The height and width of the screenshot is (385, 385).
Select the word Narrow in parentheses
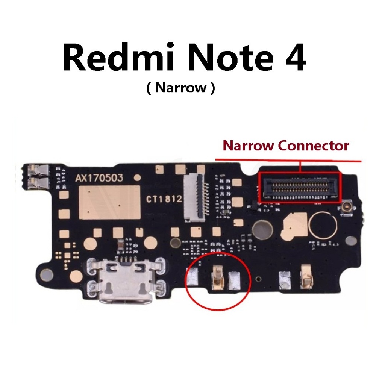point(181,88)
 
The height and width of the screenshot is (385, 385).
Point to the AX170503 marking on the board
point(99,178)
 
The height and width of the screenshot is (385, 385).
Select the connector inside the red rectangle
point(299,187)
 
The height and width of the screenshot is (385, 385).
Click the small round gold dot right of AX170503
point(138,177)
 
